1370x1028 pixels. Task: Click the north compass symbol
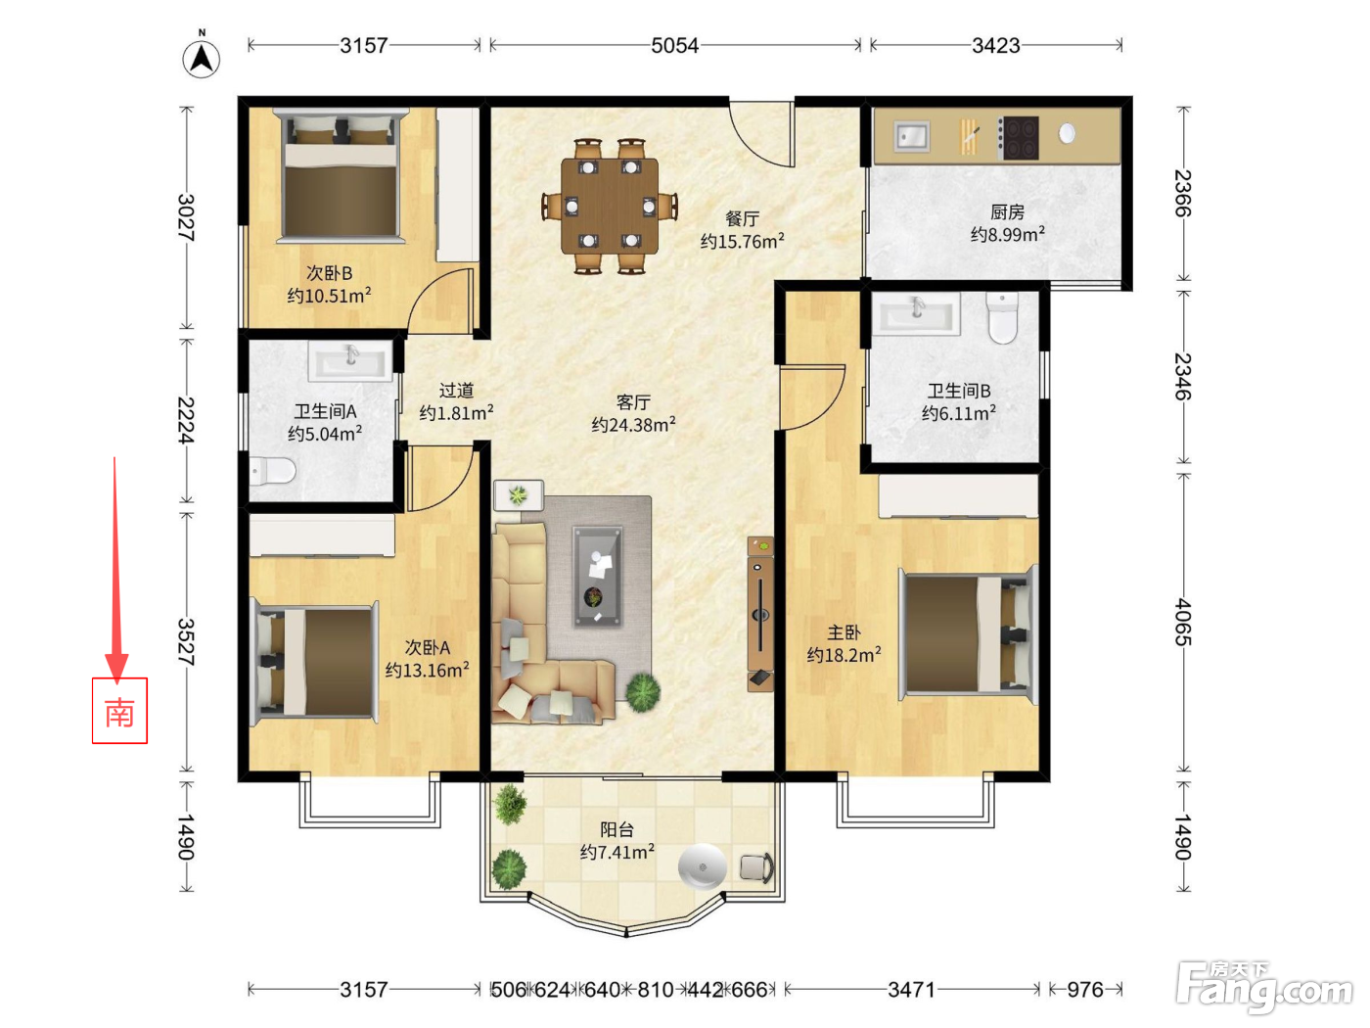click(x=201, y=55)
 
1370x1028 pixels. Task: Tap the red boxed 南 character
click(x=119, y=712)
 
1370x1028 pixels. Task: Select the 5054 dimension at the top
click(x=674, y=46)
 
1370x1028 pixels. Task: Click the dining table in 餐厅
click(x=610, y=206)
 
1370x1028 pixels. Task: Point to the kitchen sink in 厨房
click(x=912, y=136)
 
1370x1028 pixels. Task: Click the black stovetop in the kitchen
click(x=1018, y=137)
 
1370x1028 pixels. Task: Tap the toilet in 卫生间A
click(x=273, y=471)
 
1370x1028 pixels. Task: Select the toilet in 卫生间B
click(x=1002, y=318)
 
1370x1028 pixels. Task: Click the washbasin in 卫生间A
click(x=350, y=360)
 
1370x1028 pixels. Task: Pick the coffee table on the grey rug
click(x=597, y=576)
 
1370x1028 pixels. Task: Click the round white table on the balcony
click(x=703, y=865)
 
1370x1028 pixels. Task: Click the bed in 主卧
click(x=968, y=634)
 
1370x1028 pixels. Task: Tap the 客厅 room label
click(x=633, y=402)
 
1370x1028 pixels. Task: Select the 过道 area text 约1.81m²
click(x=456, y=413)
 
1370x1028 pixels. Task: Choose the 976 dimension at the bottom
click(x=1085, y=989)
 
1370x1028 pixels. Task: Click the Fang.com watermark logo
click(x=1264, y=986)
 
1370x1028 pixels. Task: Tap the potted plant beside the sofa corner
click(x=642, y=692)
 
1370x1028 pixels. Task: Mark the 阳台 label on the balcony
click(x=616, y=829)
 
